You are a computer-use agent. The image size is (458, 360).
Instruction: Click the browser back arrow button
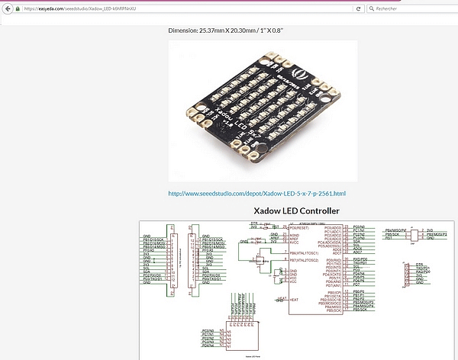pos(7,8)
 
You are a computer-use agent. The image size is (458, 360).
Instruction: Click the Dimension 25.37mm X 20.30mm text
pos(230,31)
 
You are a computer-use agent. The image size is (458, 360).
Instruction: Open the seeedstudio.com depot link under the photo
pos(256,193)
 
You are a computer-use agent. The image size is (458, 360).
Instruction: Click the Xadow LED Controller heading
pos(297,211)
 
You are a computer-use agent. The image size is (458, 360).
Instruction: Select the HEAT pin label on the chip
pos(282,298)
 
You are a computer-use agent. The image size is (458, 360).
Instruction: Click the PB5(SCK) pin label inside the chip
pos(331,310)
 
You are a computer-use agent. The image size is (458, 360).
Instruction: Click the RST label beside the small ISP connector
pos(389,237)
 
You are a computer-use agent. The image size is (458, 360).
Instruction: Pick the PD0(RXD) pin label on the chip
pos(332,260)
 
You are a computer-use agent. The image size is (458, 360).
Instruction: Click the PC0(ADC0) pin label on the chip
pos(332,227)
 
